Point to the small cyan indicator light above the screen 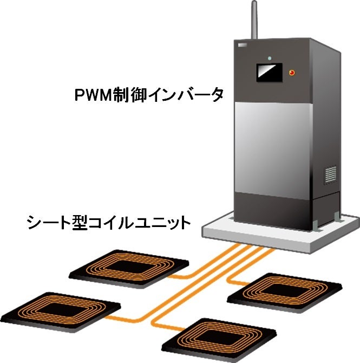[x=269, y=57]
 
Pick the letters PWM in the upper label [x=92, y=96]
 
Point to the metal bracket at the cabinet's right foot [x=337, y=217]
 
